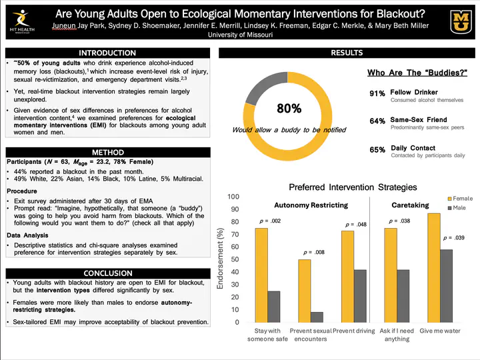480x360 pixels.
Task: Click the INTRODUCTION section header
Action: (x=107, y=53)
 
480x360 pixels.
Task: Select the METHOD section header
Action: (x=107, y=153)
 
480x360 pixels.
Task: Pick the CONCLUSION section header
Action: (x=107, y=273)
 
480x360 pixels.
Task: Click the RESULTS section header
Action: (x=347, y=53)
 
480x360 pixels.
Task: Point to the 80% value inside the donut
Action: (x=289, y=108)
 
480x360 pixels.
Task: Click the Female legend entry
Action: (x=460, y=199)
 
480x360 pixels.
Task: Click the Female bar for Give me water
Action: (x=434, y=267)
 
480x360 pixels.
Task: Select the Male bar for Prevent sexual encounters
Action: (x=317, y=317)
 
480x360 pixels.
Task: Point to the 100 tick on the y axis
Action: (x=233, y=197)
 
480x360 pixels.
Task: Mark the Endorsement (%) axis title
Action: (x=221, y=260)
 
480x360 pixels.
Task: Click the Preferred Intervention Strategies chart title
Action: (x=353, y=187)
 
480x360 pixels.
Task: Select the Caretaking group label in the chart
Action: (x=409, y=205)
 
